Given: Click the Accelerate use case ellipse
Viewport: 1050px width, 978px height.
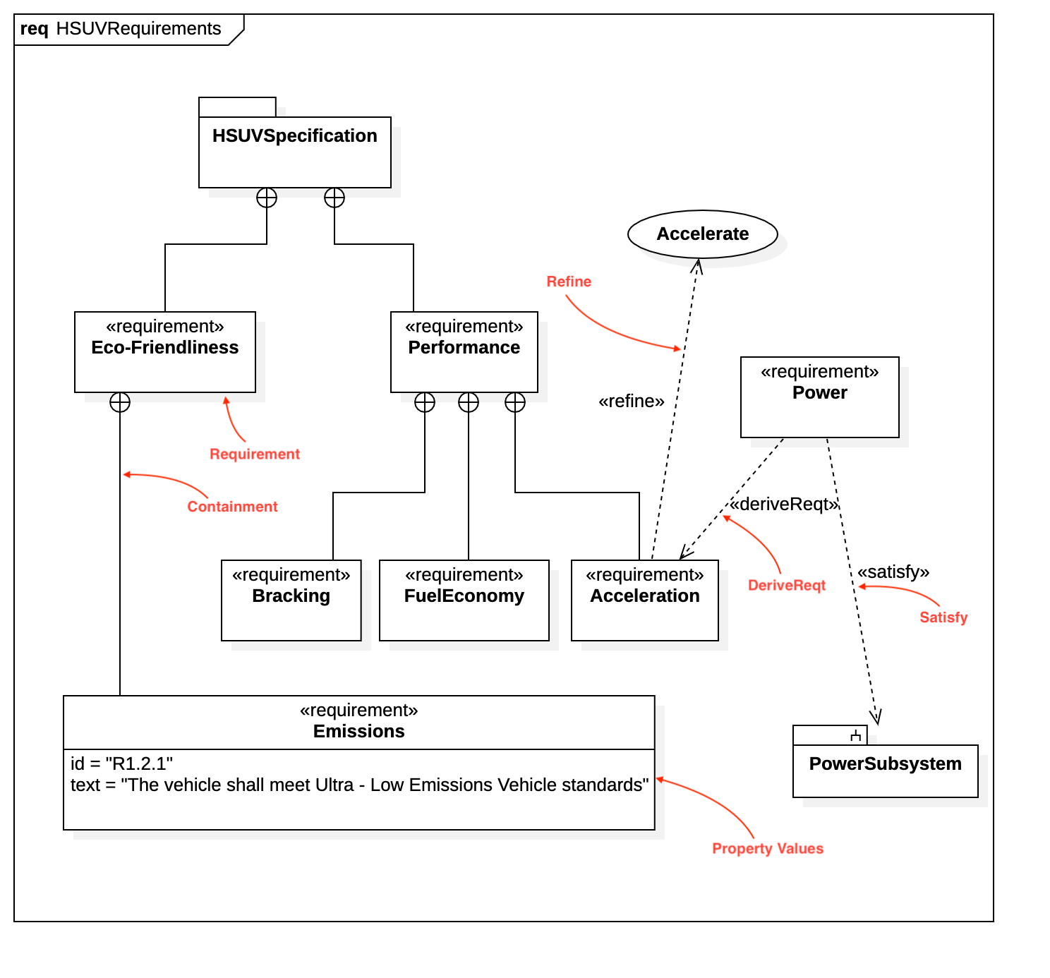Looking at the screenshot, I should point(702,234).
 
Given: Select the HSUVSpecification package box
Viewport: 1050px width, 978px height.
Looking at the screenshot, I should point(295,152).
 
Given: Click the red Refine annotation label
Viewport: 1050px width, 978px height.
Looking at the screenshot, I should point(569,282).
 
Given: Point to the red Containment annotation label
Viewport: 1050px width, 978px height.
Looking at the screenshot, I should point(232,507).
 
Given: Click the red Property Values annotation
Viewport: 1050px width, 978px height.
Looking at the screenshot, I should point(767,848).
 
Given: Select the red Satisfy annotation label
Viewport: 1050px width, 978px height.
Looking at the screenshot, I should point(943,617).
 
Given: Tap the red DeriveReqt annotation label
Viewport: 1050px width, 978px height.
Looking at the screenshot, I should point(786,585).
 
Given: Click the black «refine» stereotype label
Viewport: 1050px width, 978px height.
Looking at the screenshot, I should point(631,402).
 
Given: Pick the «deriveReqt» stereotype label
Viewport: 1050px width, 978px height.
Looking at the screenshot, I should point(783,504).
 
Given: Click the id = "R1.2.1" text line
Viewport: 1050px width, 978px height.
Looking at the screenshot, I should point(121,763).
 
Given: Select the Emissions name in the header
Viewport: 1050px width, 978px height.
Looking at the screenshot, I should point(358,731).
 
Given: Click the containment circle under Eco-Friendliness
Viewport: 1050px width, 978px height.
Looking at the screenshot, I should point(120,402).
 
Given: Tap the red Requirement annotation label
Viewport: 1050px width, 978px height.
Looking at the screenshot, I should point(254,454).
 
